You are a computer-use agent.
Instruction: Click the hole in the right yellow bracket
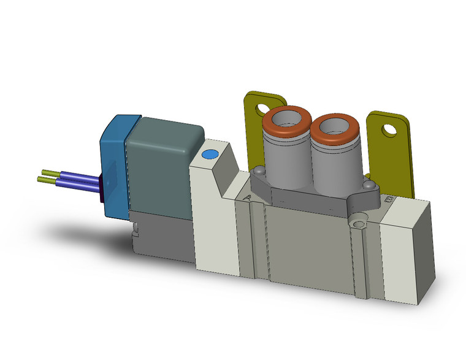click(x=388, y=130)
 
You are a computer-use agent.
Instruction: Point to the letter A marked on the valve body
click(x=247, y=197)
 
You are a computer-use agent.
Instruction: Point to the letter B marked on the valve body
click(x=387, y=199)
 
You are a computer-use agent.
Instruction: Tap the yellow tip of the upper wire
click(x=49, y=172)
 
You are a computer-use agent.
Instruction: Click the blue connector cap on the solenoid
click(x=113, y=166)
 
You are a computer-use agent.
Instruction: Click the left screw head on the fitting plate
click(x=260, y=171)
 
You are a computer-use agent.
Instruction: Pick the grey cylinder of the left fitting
click(x=285, y=163)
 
